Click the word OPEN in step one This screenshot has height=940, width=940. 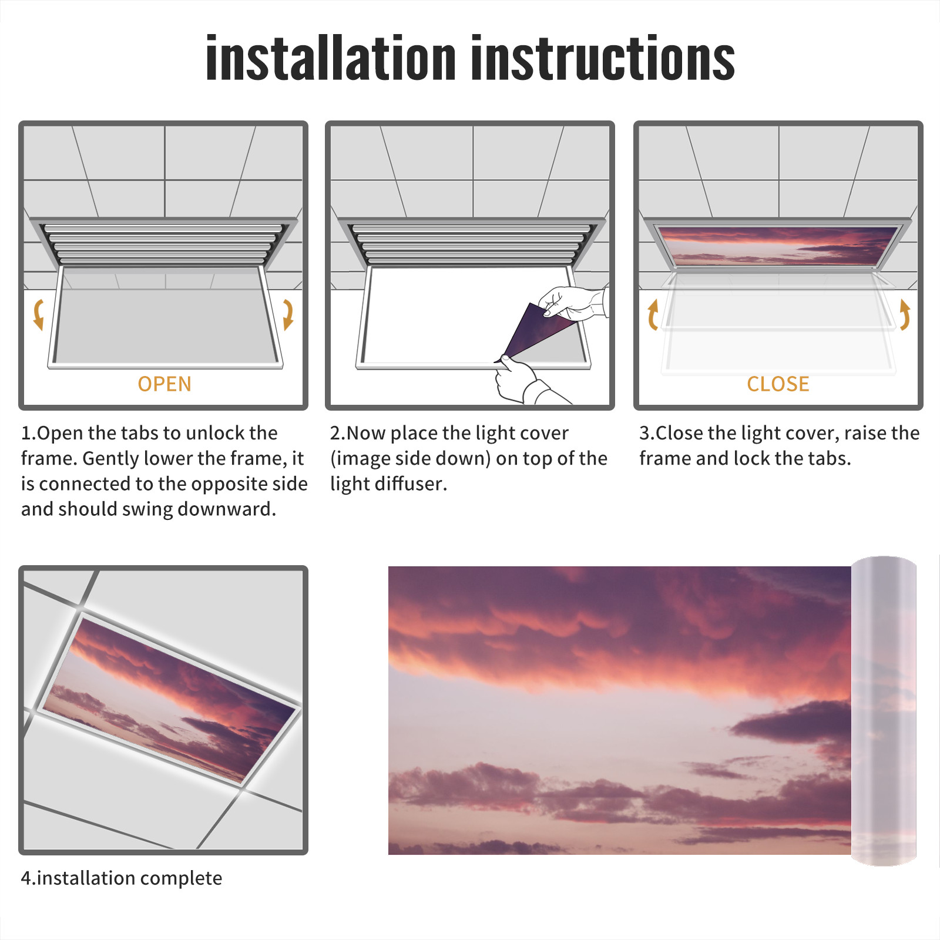(164, 384)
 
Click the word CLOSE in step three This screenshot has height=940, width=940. (778, 384)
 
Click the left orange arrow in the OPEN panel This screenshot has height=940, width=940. (38, 314)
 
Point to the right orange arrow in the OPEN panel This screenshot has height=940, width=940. (288, 314)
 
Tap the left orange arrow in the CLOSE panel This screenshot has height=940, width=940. (653, 314)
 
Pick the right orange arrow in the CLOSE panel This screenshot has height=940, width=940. (905, 314)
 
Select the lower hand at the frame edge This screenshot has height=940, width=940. (520, 382)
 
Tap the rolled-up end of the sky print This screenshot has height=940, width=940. (884, 711)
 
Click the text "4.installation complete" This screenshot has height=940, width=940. (122, 878)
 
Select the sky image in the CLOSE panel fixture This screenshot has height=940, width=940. (778, 245)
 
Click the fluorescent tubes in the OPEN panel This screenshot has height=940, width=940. (163, 244)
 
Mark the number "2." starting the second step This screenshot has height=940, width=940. (338, 433)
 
